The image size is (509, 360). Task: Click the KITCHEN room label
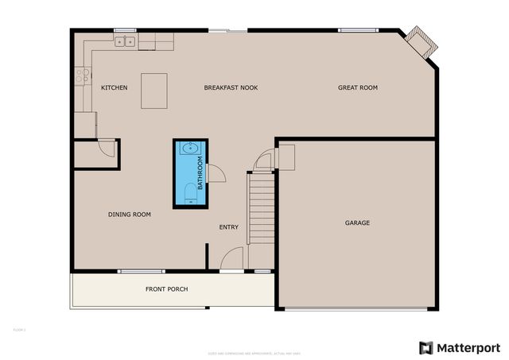point(114,87)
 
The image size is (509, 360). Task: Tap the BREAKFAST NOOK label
point(231,87)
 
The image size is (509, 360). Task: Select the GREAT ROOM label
point(357,87)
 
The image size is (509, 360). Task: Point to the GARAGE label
point(357,223)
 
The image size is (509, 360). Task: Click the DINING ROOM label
point(130,215)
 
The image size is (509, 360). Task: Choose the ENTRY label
point(229,228)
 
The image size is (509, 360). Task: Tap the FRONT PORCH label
point(166,288)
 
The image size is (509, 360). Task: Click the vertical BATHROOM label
point(200,174)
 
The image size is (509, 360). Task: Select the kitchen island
point(154,90)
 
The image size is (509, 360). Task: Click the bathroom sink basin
point(188,149)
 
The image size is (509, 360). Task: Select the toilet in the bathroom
point(188,193)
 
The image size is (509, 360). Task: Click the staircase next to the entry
point(261,208)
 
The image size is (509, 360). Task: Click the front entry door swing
point(231,259)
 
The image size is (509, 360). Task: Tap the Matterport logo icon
point(426,347)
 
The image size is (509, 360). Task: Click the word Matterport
point(467,347)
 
